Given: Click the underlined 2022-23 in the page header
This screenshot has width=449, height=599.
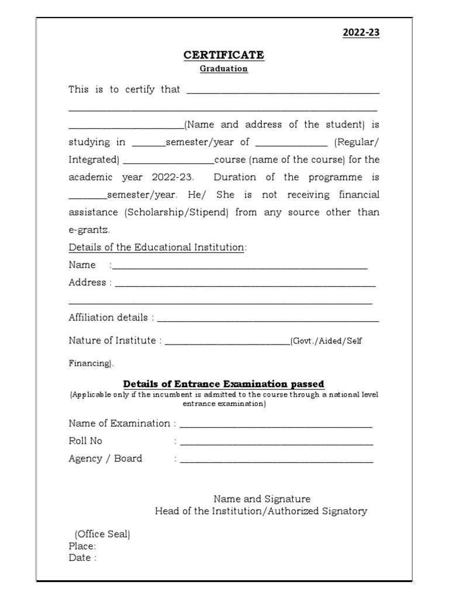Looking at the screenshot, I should pos(361,33).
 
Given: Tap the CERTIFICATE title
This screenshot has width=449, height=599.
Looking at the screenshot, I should pos(224,55).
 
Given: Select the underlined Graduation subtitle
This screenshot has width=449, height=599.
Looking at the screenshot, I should pos(224,68).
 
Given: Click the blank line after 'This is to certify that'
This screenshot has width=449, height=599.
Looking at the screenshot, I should pos(282,91).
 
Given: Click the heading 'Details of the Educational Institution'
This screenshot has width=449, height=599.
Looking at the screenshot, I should pos(156,247).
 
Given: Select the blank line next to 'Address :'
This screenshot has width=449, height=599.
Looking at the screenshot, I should pos(245,284).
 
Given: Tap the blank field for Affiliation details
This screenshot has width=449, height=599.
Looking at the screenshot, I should pos(268,319).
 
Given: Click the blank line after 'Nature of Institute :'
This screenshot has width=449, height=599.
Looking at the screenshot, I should pos(227,343).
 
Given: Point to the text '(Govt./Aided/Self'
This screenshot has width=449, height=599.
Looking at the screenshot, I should pos(326,341).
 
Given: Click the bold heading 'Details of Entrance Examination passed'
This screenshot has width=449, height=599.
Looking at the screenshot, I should pos(224,384).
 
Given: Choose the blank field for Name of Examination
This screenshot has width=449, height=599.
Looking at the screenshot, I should pos(275,425).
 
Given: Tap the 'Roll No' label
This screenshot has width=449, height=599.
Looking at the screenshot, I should pos(85,441).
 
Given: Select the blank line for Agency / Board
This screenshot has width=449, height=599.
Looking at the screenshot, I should pos(275,460).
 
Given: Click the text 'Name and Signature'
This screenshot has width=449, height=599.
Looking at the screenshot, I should pos(261,499).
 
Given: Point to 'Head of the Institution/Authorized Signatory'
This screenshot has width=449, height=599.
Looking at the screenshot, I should pos(261,511).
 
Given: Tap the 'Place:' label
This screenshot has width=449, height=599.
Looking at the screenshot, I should pos(82,546).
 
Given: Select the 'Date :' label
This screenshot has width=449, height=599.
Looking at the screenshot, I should pos(82,557).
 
